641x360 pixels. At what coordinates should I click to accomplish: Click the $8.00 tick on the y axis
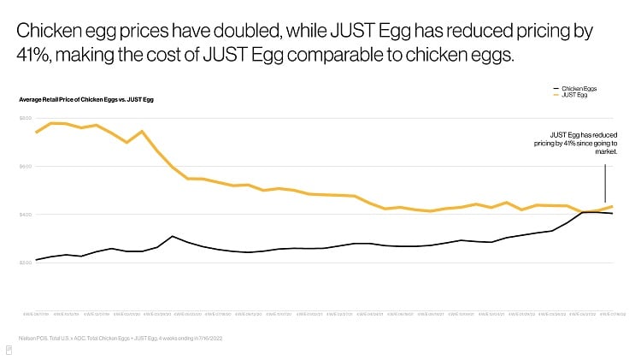click(x=25, y=117)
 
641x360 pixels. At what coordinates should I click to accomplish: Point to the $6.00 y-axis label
click(x=25, y=166)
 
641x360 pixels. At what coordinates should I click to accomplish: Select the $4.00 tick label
click(x=25, y=214)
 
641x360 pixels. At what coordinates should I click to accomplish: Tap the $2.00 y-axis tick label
click(x=25, y=262)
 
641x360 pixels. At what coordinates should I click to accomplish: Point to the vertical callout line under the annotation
click(x=605, y=181)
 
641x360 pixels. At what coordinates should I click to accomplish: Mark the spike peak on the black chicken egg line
click(x=172, y=236)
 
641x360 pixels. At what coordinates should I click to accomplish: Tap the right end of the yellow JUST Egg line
click(x=611, y=206)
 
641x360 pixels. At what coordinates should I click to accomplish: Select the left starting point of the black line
click(x=35, y=260)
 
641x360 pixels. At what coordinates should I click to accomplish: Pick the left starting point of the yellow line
click(x=35, y=133)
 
